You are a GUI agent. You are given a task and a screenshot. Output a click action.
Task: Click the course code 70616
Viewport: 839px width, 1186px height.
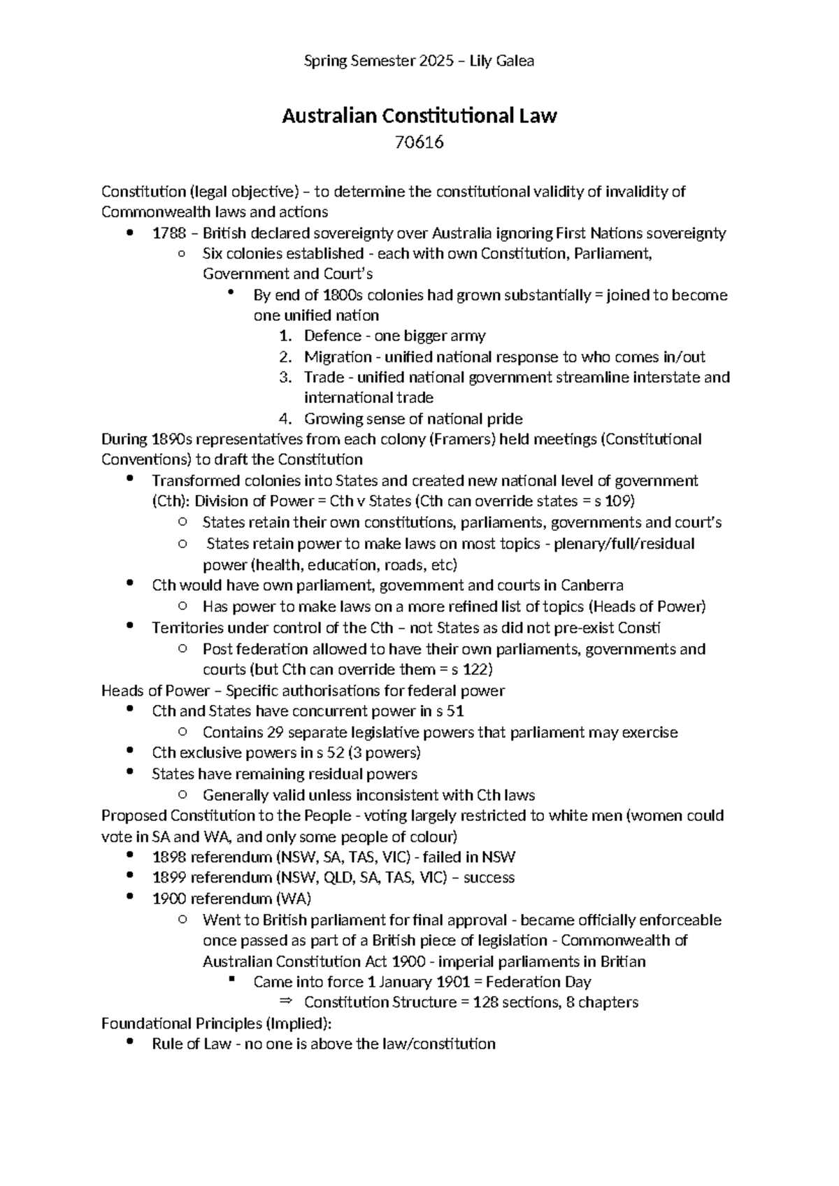tap(419, 143)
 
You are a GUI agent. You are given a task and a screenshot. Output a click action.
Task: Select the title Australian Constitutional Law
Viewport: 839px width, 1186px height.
tap(419, 116)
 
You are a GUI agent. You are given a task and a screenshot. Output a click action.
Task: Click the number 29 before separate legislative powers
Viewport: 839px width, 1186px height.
tap(275, 733)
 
